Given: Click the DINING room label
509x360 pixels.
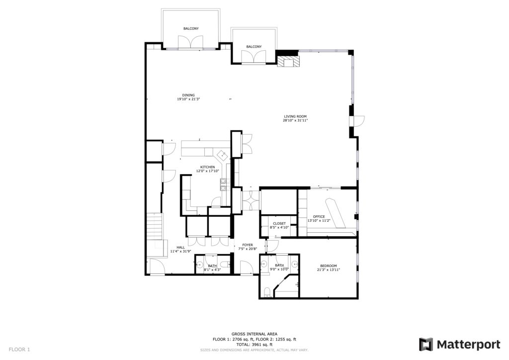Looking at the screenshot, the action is click(188, 95).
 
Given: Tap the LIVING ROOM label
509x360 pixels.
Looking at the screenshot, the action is click(295, 116).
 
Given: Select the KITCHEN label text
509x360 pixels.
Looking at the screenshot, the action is click(207, 167).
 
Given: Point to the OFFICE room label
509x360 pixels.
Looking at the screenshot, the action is click(319, 216).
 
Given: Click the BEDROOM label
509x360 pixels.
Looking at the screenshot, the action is click(329, 266).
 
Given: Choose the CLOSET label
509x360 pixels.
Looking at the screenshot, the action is click(279, 224).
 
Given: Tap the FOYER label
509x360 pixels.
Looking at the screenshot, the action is click(248, 245).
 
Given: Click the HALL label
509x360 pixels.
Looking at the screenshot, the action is click(181, 247).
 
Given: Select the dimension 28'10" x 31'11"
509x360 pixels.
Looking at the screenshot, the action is click(295, 120).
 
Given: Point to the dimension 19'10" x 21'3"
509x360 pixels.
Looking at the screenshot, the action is click(188, 99).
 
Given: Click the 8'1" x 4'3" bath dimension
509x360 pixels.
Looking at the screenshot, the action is click(212, 270).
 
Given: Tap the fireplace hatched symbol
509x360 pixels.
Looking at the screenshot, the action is click(288, 62).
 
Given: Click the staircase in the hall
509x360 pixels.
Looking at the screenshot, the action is click(155, 227).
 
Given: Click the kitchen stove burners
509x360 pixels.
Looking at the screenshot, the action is click(223, 184).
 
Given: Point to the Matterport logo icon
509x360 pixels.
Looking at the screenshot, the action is click(425, 345).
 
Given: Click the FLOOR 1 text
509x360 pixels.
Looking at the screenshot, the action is click(19, 350).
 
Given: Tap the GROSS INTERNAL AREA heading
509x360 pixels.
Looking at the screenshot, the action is click(254, 334).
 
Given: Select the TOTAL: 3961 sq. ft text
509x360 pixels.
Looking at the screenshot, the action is click(254, 345).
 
